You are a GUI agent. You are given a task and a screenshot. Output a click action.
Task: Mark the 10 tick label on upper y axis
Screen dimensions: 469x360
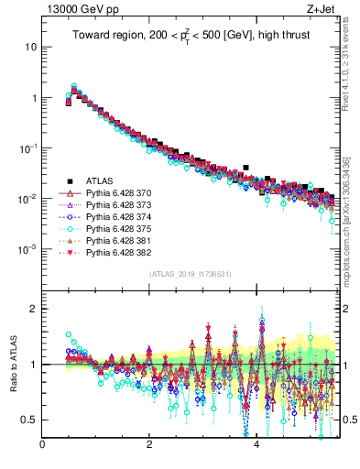point(32,47)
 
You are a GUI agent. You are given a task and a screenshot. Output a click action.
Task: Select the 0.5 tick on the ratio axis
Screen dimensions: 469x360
point(30,420)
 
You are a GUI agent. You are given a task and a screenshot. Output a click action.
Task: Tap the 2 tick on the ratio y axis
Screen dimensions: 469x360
point(34,309)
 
